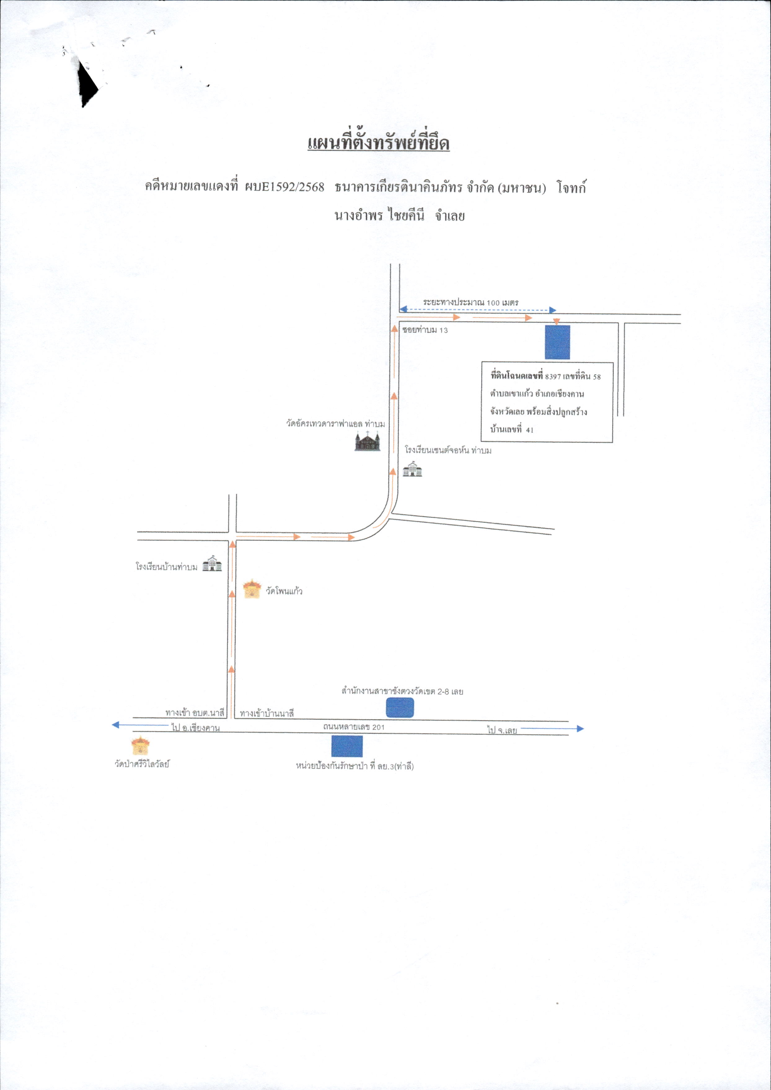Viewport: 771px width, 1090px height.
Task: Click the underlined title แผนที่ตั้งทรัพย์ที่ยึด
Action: (x=378, y=143)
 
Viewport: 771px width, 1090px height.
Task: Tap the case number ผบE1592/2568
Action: (x=284, y=187)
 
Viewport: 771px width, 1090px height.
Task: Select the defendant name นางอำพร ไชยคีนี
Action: (x=379, y=216)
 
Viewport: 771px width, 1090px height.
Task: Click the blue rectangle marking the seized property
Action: (x=557, y=342)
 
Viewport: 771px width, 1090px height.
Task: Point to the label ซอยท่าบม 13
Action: (x=425, y=330)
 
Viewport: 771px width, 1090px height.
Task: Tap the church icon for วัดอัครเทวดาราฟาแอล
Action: (x=368, y=441)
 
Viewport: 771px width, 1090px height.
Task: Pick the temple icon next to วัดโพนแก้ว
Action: (x=252, y=589)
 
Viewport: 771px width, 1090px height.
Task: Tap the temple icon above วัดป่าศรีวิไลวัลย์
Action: (x=140, y=746)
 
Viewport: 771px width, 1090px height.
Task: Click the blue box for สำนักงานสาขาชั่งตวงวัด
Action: (x=400, y=708)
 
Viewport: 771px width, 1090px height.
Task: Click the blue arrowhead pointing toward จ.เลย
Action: (x=580, y=728)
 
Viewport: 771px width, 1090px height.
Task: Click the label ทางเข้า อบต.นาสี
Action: (x=195, y=713)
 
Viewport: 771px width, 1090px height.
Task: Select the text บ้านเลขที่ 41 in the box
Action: (x=512, y=430)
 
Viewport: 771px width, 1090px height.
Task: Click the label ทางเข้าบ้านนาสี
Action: (x=267, y=713)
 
